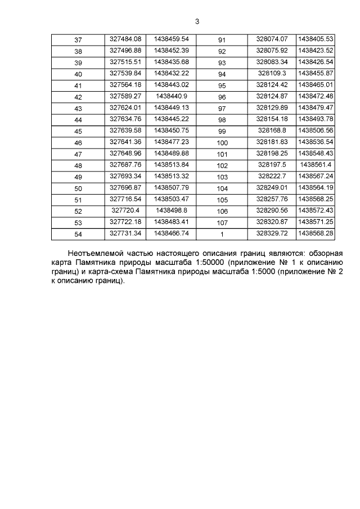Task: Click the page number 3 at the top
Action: [197, 22]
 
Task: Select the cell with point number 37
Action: [78, 40]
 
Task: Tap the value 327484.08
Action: [125, 39]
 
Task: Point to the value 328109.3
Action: [272, 73]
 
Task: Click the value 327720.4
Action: [125, 210]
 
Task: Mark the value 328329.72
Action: [272, 233]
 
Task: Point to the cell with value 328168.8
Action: [272, 130]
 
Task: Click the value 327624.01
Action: [125, 107]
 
